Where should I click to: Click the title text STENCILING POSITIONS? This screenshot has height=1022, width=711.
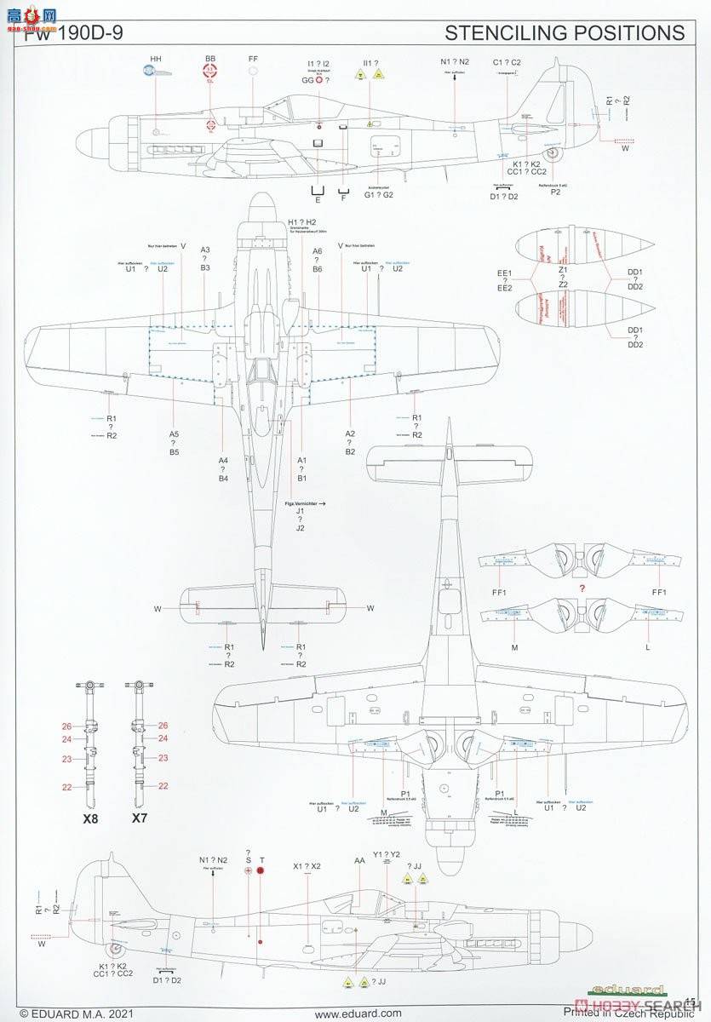564,33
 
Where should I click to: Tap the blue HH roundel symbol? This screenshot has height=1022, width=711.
154,72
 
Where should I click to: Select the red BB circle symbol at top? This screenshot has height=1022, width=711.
210,72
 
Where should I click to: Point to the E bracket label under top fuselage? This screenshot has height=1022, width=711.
318,202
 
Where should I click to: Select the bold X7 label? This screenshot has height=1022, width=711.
140,819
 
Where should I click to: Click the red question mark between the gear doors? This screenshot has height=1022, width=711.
582,589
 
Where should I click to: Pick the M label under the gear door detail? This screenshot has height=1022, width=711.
514,647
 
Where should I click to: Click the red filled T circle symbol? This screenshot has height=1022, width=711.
261,870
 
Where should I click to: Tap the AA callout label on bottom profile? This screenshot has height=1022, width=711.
359,861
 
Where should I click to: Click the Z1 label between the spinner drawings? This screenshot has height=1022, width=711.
563,269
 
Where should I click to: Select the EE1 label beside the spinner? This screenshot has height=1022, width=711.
505,273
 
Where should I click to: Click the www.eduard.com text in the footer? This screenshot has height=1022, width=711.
358,1013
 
